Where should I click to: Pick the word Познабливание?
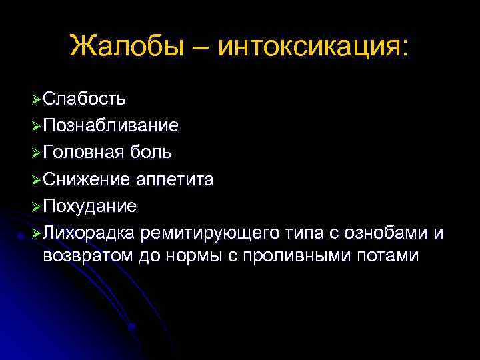pos(110,126)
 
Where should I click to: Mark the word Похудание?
pos(89,206)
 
